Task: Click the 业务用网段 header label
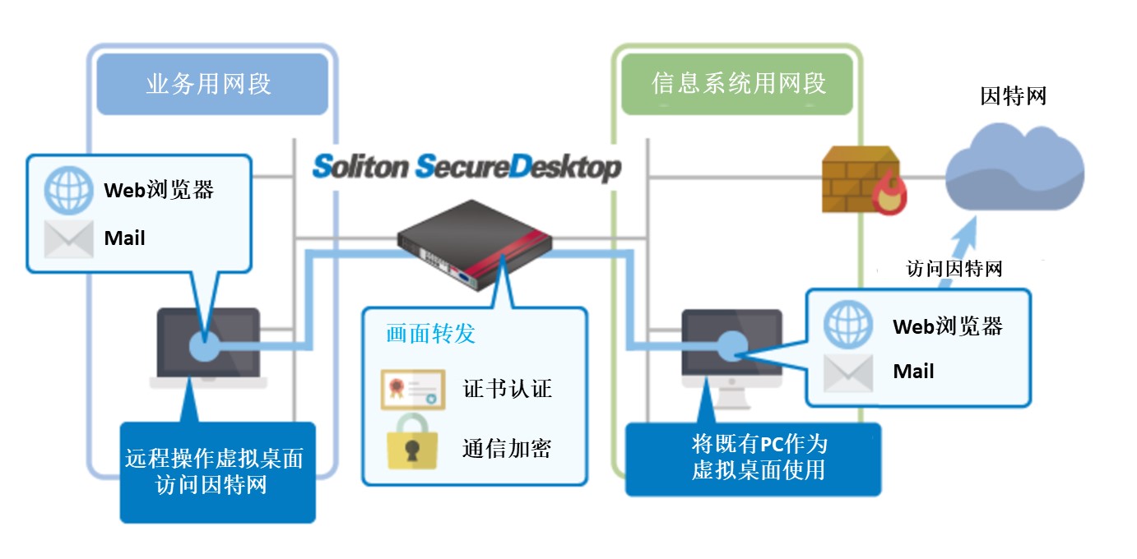(x=209, y=84)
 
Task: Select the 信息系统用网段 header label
(x=738, y=84)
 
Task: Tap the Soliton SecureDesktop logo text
(x=466, y=167)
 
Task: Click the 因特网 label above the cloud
(x=1014, y=96)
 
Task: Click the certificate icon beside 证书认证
(x=411, y=388)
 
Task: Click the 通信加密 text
(x=506, y=447)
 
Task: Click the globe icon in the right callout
(x=848, y=325)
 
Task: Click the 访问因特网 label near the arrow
(x=954, y=269)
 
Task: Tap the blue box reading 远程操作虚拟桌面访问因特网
(x=217, y=472)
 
